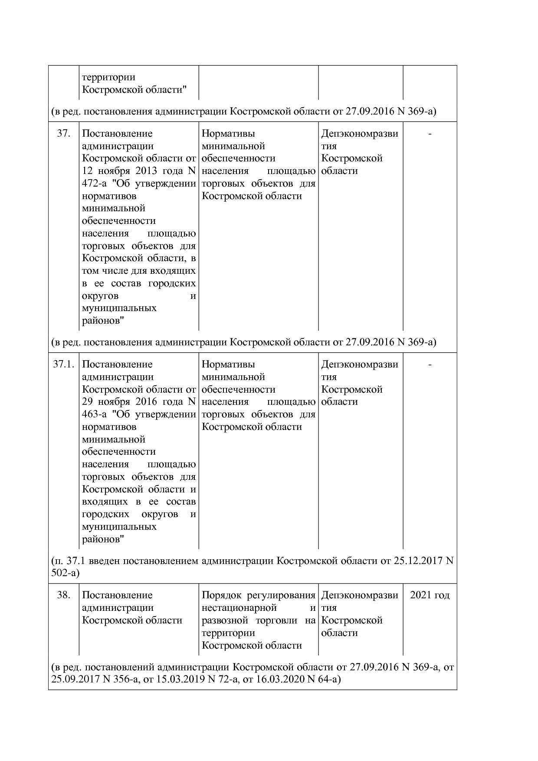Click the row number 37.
pos(63,134)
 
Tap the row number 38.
pos(63,595)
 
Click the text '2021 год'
pos(430,595)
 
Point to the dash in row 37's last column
pos(430,134)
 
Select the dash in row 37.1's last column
pos(430,365)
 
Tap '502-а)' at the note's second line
pos(65,573)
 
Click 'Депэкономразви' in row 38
pos(359,595)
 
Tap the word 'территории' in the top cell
pos(108,77)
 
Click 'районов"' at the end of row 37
pos(103,321)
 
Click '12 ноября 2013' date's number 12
pos(87,171)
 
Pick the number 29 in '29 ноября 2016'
pos(87,402)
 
